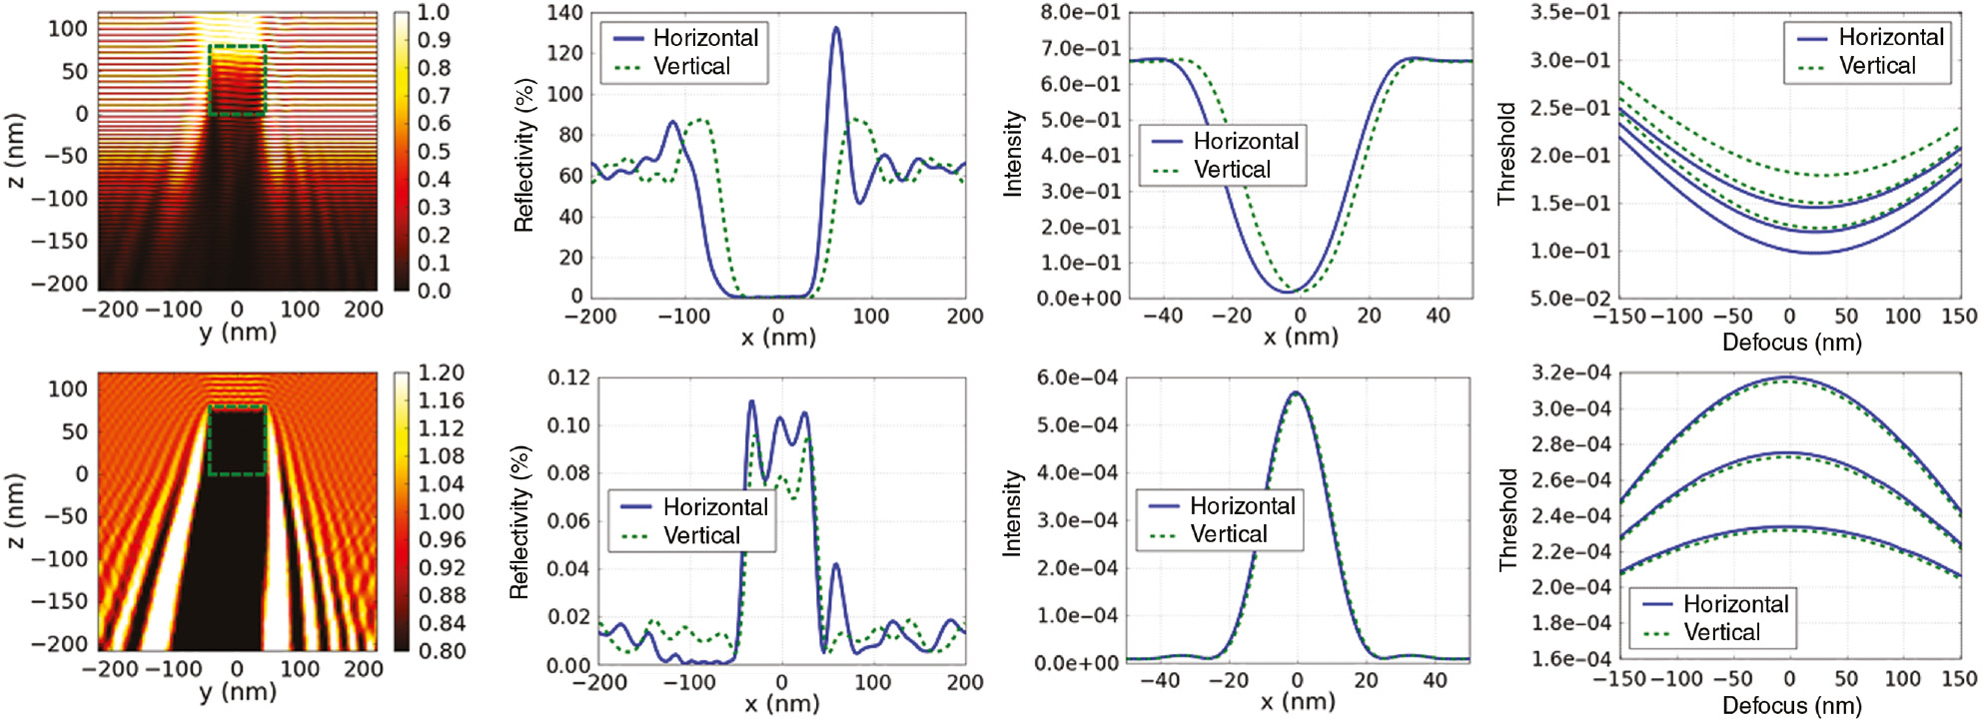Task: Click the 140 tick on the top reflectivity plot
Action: tap(564, 12)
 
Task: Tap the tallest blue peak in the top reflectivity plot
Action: tap(836, 29)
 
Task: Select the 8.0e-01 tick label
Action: tap(1080, 12)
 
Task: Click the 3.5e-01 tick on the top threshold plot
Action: tap(1570, 12)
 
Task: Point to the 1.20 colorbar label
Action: tap(441, 372)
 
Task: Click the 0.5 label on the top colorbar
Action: tap(434, 152)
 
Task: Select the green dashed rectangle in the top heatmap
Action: tap(237, 80)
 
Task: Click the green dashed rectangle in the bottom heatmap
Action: tap(237, 440)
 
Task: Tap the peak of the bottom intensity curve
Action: tap(1296, 392)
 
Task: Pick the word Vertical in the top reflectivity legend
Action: tap(691, 67)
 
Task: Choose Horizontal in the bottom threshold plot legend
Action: tap(1735, 604)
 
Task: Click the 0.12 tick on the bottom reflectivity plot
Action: tap(568, 377)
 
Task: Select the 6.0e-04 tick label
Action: tap(1077, 377)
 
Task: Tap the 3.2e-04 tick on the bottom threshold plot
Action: tap(1570, 372)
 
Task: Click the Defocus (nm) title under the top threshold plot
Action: tap(1791, 343)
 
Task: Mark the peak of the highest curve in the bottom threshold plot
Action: tap(1787, 377)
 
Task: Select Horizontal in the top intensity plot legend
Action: tap(1246, 141)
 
